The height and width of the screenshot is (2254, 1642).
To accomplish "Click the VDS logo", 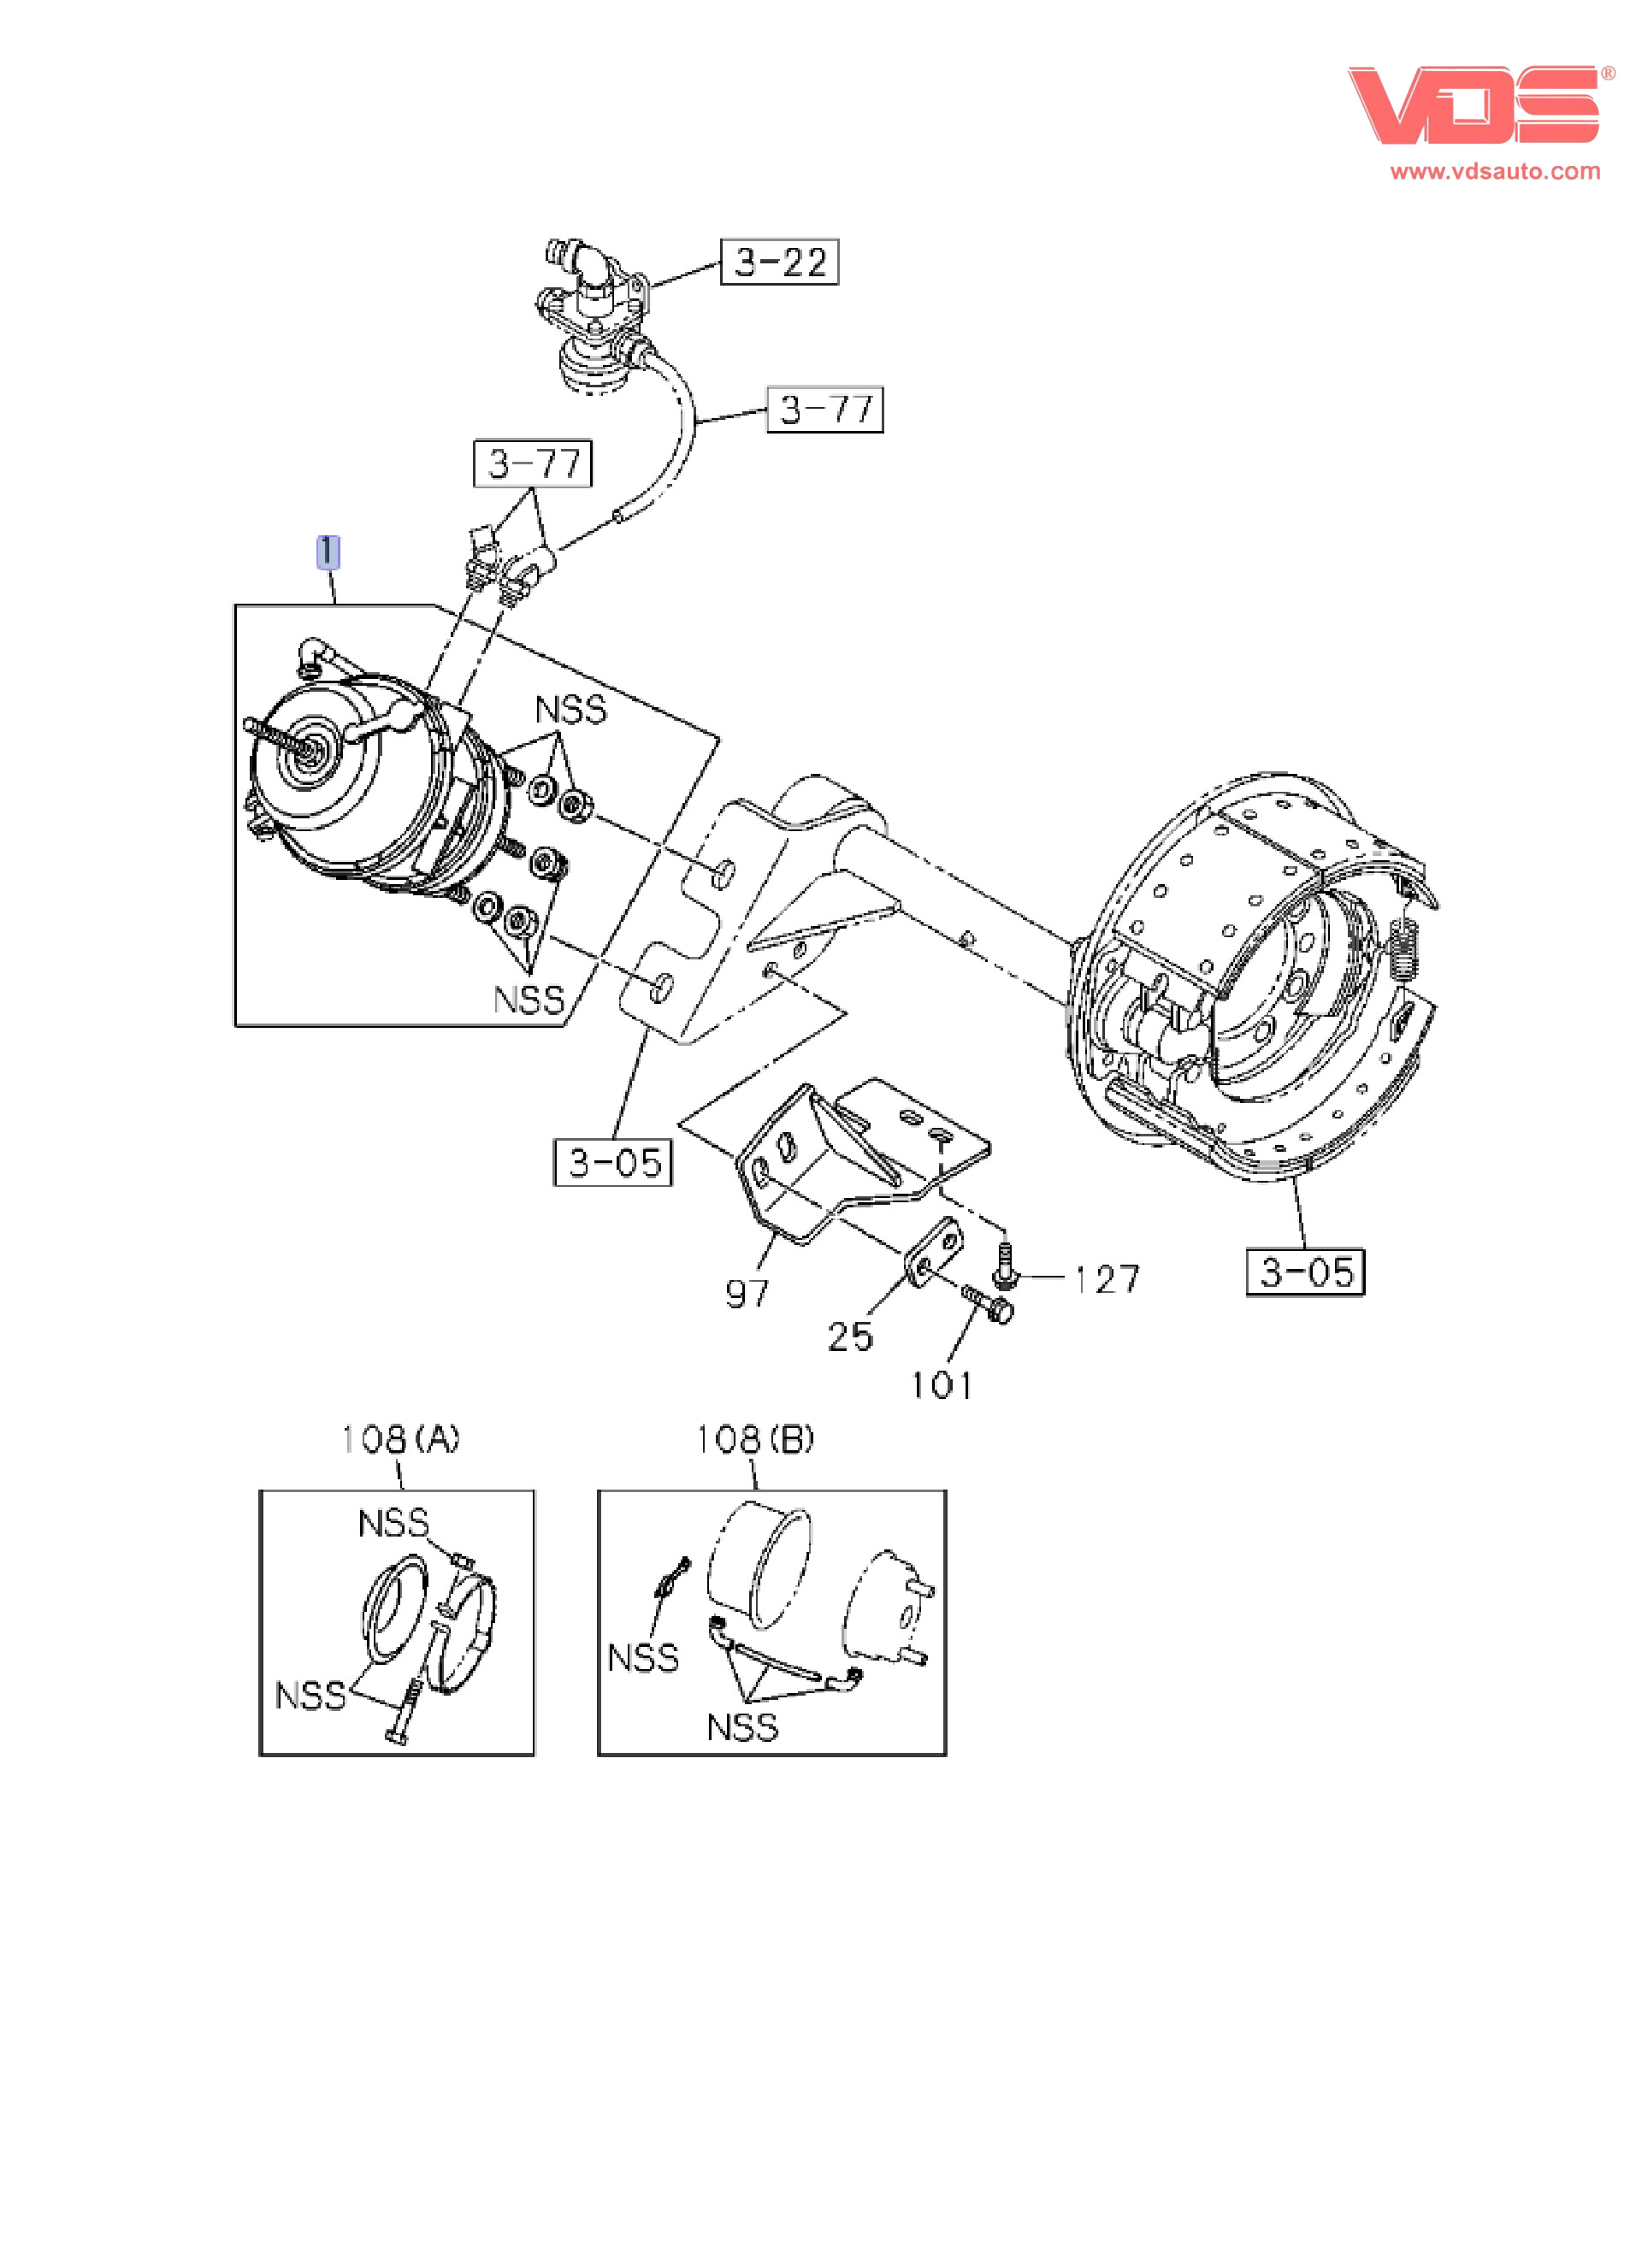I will [1473, 105].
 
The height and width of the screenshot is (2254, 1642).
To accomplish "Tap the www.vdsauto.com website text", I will [1495, 171].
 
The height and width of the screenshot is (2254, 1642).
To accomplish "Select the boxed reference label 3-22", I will [779, 263].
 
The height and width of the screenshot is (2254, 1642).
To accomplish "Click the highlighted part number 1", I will [327, 552].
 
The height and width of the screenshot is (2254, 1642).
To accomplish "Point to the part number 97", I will [747, 1293].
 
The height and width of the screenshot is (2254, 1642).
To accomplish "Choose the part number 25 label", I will [850, 1336].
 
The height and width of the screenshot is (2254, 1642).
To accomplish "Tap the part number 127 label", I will [1107, 1279].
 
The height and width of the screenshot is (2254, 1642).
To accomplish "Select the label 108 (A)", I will [399, 1439].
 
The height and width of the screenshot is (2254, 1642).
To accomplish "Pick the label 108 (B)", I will [754, 1439].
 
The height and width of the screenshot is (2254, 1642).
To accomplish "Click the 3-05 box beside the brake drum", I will [1305, 1272].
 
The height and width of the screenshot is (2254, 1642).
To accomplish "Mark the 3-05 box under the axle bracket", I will [613, 1163].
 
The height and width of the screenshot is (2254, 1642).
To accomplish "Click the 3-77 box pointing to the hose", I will [825, 410].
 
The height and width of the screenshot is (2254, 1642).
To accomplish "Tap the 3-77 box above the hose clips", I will [534, 464].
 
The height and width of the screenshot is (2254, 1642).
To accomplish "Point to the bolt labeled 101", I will [989, 1305].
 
